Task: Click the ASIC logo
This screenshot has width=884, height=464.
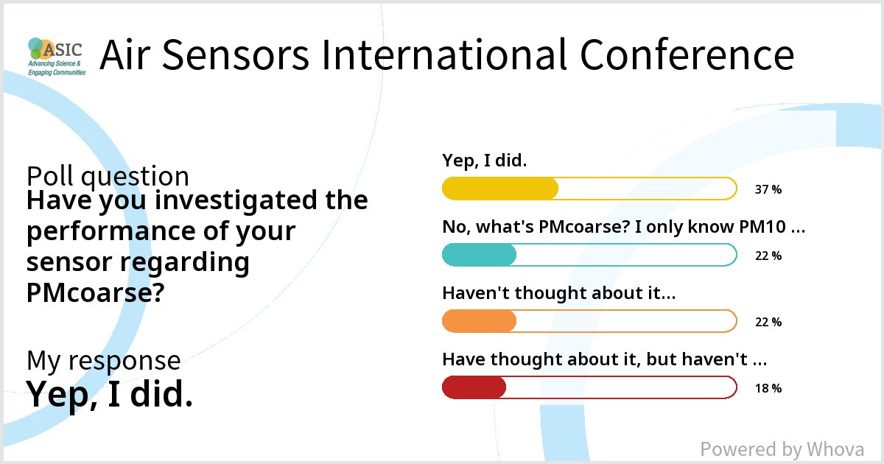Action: pos(56,57)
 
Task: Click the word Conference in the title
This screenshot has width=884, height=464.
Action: pos(687,56)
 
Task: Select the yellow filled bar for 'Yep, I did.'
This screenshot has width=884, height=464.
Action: pos(500,189)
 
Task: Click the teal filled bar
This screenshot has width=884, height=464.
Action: pos(479,255)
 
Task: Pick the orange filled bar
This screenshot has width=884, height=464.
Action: pos(479,321)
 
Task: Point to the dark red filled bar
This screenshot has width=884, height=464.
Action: pos(474,387)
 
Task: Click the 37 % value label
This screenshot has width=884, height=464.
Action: pos(768,189)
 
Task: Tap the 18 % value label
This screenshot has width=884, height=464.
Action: pos(768,388)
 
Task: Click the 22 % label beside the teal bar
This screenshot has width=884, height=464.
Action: pos(768,256)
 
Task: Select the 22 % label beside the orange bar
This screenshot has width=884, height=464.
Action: pos(768,322)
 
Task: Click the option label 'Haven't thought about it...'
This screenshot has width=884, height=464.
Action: pos(558,293)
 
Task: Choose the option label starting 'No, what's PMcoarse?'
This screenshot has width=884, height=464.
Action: pos(622,227)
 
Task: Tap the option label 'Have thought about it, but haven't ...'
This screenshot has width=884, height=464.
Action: pos(605,359)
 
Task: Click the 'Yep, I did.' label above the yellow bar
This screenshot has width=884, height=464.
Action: pos(484,161)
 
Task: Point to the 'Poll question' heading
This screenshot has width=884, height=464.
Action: pos(108,177)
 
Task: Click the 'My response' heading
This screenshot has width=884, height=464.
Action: pos(103,360)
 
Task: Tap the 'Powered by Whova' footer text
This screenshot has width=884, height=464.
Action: pos(782,449)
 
